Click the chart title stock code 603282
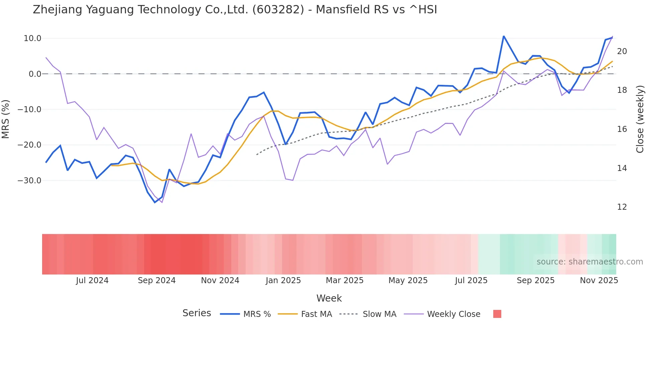click(x=278, y=10)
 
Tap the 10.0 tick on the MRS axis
click(x=32, y=38)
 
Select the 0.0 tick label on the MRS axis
click(x=35, y=74)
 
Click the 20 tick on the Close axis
click(x=622, y=51)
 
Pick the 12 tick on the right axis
click(x=622, y=207)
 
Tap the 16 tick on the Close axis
click(x=622, y=129)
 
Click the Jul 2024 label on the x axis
click(x=92, y=281)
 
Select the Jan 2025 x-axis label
click(x=283, y=281)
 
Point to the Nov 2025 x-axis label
click(x=599, y=281)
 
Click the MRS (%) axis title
click(x=6, y=119)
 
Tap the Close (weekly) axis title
click(x=640, y=119)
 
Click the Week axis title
click(x=329, y=298)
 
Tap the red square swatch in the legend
click(x=497, y=314)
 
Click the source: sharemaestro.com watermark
click(x=589, y=262)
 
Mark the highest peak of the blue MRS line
click(x=504, y=36)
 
